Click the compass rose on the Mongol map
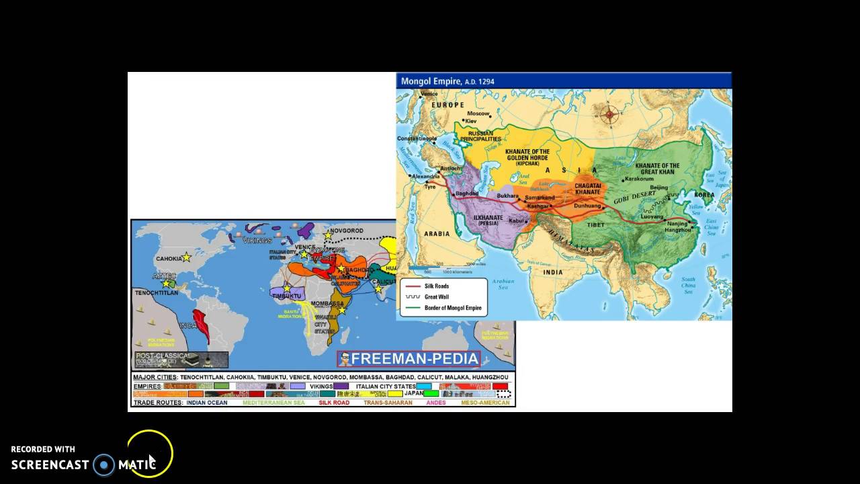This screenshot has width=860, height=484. click(609, 114)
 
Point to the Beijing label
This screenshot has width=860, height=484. click(659, 188)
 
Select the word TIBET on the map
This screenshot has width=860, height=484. click(596, 225)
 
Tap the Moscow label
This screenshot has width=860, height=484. click(478, 114)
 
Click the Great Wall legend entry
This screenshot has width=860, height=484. click(437, 296)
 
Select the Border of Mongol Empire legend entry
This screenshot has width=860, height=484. click(452, 308)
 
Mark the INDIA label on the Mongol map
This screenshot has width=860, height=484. click(552, 272)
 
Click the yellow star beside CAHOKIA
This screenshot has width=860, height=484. click(187, 257)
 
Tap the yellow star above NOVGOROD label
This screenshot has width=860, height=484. click(328, 235)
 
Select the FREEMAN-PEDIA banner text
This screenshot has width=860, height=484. click(415, 359)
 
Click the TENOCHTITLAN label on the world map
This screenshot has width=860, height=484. click(157, 293)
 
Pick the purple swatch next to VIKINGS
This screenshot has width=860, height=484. click(341, 387)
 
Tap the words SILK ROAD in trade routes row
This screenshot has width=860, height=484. click(334, 403)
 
